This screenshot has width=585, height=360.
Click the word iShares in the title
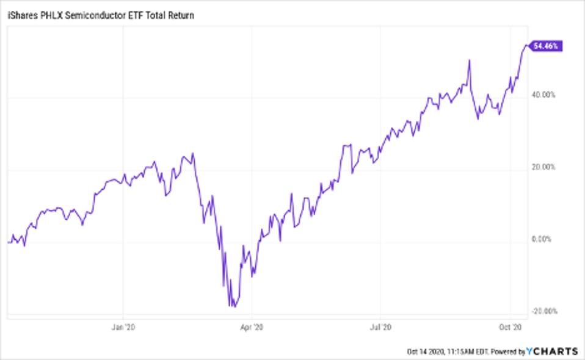21,16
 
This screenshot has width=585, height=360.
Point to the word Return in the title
180,16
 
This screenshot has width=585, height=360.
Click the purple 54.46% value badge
547,46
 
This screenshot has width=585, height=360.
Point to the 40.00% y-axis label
545,95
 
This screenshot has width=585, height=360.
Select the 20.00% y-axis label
545,167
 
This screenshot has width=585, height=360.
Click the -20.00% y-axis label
544,311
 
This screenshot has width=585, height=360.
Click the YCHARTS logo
551,351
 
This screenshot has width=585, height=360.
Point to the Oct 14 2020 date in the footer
427,351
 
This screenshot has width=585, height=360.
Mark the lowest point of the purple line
233,306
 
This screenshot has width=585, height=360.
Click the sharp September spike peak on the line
469,60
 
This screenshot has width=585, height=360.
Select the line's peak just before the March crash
192,153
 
